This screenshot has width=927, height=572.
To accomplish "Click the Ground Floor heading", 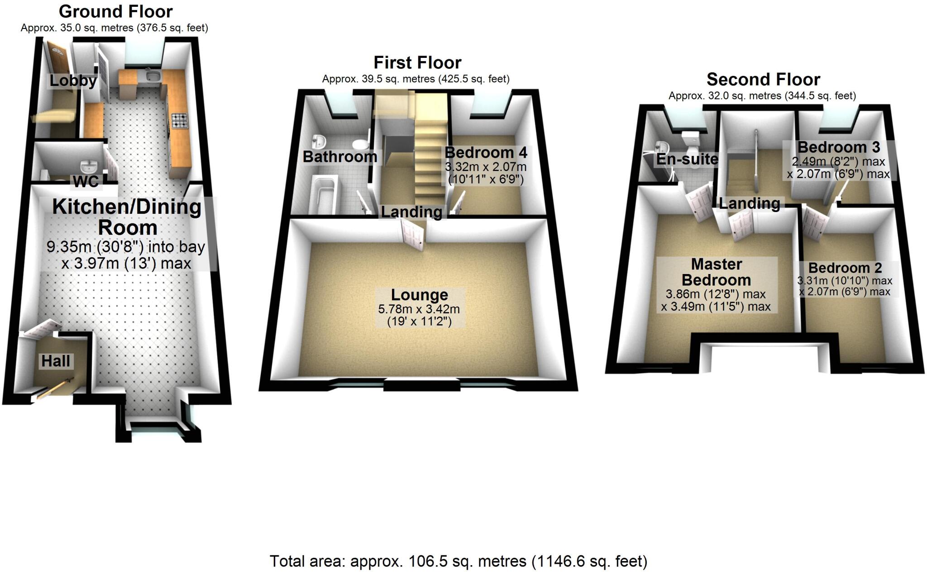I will [115, 11].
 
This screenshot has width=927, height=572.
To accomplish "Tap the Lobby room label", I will [73, 81].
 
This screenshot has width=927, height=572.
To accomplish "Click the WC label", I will [86, 181].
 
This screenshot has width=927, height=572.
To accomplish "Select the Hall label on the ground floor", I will [56, 361].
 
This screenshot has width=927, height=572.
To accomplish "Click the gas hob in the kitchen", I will [179, 120].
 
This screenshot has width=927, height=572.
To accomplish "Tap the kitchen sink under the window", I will [152, 76].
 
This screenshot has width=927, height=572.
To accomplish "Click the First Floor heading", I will [417, 62].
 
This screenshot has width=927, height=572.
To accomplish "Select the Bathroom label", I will [339, 156].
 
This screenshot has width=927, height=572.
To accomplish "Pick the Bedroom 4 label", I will [486, 152].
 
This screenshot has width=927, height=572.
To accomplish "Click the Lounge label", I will [420, 295].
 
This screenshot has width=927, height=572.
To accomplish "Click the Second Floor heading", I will [763, 80].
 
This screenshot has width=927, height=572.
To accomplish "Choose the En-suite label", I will [687, 159].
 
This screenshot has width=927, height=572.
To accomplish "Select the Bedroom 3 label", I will [839, 147].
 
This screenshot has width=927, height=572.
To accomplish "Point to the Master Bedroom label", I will [717, 272].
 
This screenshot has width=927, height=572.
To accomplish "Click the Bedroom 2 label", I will [845, 268].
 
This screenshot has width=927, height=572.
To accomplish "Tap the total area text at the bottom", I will [459, 561].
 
